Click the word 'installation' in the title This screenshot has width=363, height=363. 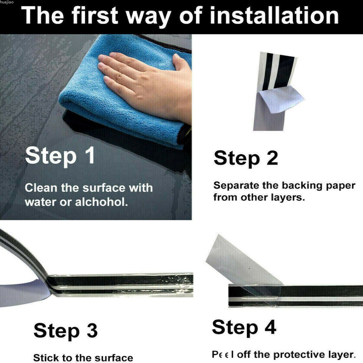pyautogui.click(x=274, y=15)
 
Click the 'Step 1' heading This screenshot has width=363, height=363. pyautogui.click(x=60, y=156)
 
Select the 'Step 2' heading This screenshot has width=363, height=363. pyautogui.click(x=246, y=158)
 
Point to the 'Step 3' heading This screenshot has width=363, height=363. pyautogui.click(x=66, y=331)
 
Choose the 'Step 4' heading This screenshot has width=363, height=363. pyautogui.click(x=244, y=328)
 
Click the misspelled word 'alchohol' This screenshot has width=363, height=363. pyautogui.click(x=101, y=202)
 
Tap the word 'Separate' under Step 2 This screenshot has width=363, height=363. pyautogui.click(x=236, y=186)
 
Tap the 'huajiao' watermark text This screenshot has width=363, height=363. pyautogui.click(x=7, y=2)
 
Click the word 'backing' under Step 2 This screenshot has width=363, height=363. pyautogui.click(x=302, y=186)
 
